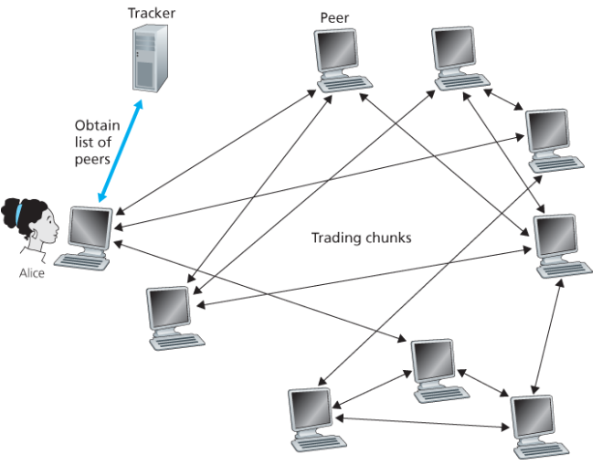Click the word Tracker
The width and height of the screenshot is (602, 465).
click(151, 13)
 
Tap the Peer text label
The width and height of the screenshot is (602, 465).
click(334, 18)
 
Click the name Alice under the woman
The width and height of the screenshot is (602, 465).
click(32, 272)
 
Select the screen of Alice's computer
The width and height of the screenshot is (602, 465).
click(90, 226)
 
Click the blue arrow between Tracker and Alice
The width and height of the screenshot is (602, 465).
click(120, 148)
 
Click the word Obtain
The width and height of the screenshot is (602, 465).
click(97, 126)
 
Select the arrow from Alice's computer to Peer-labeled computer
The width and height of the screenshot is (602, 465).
click(218, 152)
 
